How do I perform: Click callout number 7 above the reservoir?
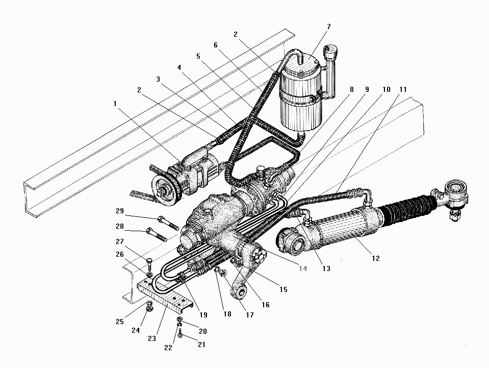328,26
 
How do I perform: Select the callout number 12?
375,258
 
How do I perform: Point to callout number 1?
115,103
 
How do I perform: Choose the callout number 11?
403,90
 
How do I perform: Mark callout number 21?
201,345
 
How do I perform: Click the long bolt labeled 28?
158,236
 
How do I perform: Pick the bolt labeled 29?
169,224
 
